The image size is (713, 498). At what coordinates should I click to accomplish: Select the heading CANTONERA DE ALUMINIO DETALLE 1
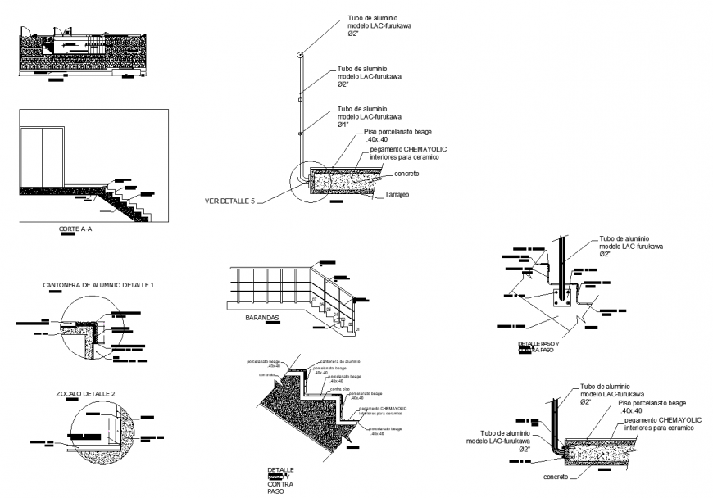tap(98, 284)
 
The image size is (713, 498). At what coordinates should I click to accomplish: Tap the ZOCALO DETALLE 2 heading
tap(85, 394)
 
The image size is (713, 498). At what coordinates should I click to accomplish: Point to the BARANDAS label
tap(262, 316)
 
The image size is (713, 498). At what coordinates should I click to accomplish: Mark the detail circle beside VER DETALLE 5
tap(311, 179)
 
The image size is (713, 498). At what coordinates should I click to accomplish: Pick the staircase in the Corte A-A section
tap(127, 200)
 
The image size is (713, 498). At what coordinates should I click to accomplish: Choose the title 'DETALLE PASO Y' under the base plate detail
tap(538, 343)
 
